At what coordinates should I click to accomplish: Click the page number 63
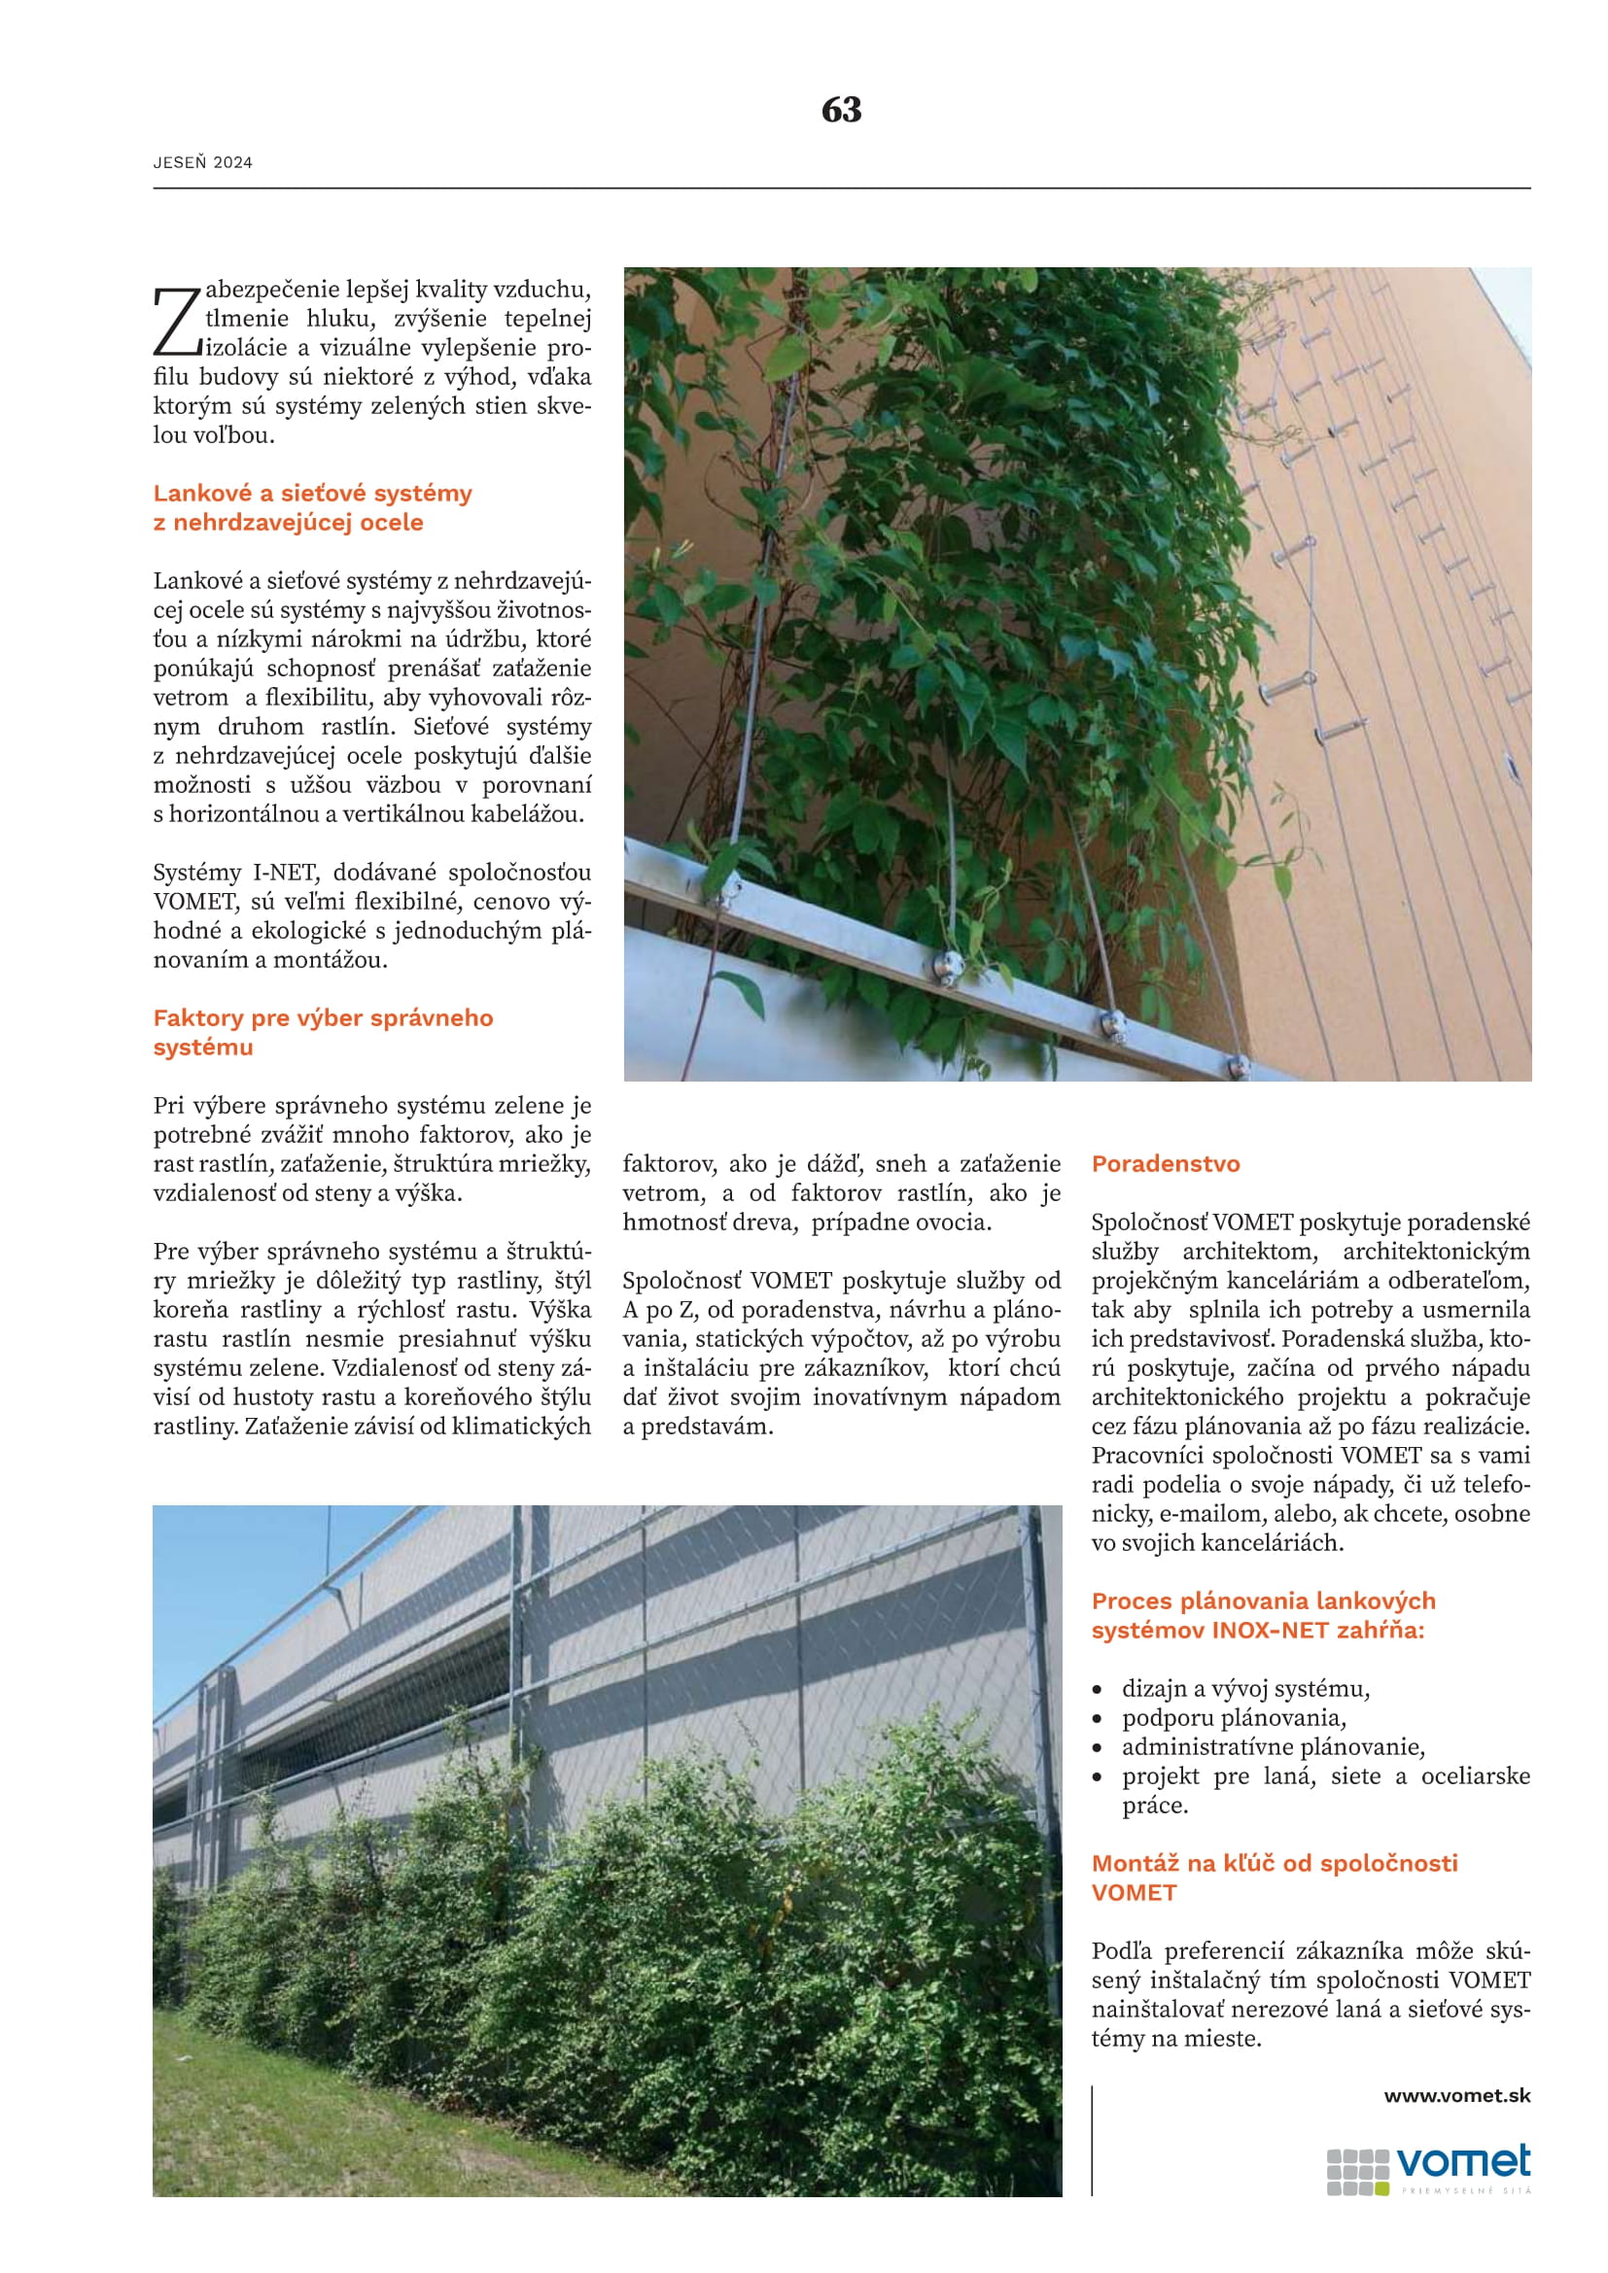pos(841,110)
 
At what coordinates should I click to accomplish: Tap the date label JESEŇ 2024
pos(202,162)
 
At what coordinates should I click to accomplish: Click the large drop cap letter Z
pos(176,321)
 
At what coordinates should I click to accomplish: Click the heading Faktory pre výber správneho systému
pos(322,1032)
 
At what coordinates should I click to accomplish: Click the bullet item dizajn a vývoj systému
pos(1244,1688)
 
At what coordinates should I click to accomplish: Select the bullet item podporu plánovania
pos(1233,1717)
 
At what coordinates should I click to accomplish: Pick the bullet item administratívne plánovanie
pos(1273,1746)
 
